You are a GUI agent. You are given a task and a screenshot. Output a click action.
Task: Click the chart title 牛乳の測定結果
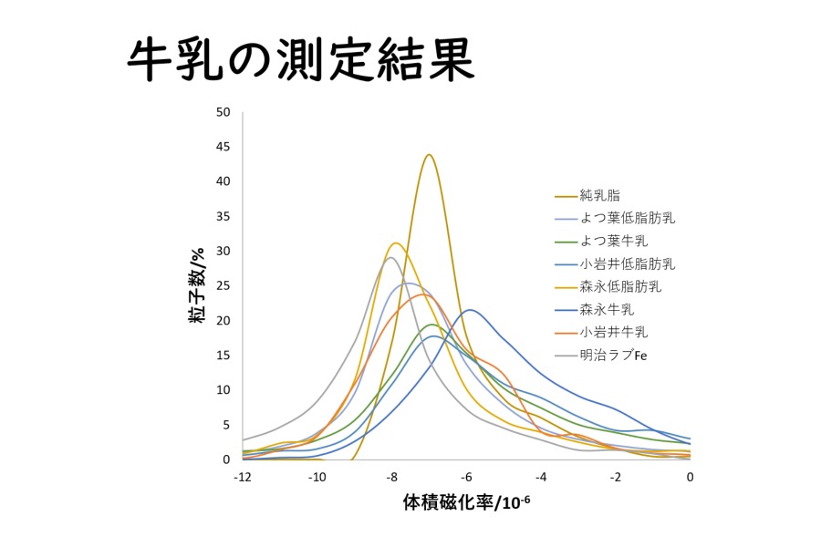coord(300,60)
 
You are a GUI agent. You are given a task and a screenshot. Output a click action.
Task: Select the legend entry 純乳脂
coord(600,196)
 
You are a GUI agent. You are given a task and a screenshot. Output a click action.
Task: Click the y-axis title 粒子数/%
coord(197,285)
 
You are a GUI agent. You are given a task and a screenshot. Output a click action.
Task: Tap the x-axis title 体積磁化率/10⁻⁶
coord(466,501)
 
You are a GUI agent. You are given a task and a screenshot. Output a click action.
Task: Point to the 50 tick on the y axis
coord(223,112)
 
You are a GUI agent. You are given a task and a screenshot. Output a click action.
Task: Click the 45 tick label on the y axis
coord(223,147)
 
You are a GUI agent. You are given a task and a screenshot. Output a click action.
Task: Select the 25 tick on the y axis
coord(223,285)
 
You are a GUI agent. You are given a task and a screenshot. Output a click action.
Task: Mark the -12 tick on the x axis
coord(243,477)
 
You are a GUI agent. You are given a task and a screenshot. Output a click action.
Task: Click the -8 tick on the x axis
coord(391,477)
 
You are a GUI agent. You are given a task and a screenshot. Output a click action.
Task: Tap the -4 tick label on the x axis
coord(541,477)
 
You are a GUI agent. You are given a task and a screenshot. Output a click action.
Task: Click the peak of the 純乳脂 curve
coord(430,154)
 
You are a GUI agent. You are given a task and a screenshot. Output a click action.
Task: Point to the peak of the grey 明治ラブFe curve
coord(390,257)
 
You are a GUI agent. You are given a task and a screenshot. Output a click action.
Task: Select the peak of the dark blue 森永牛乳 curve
coord(470,310)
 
